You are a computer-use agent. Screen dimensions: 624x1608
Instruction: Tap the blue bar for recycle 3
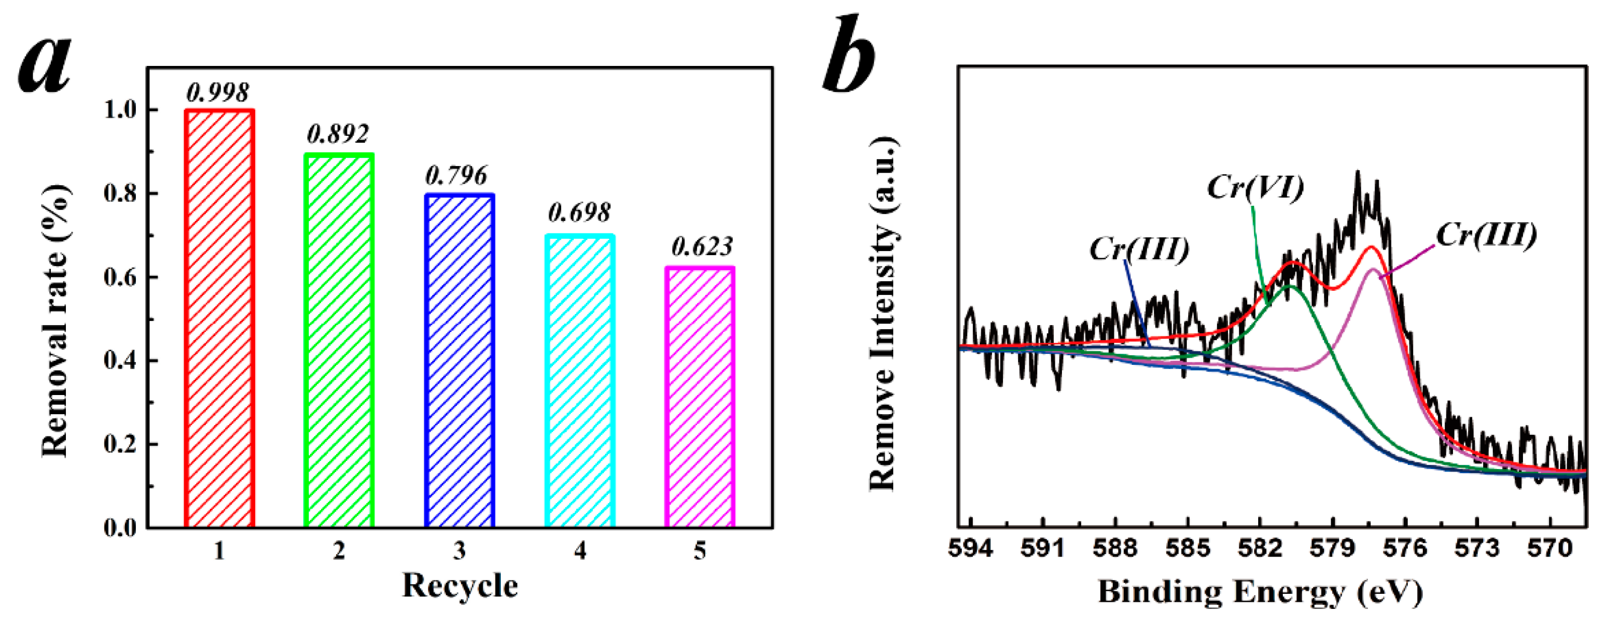click(x=460, y=361)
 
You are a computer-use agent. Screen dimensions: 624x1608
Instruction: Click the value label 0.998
click(x=218, y=93)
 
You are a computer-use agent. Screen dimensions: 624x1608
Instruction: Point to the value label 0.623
click(x=702, y=247)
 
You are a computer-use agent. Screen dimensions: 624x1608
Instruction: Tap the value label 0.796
click(x=456, y=176)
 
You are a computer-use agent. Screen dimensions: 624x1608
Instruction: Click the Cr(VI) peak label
click(x=1255, y=187)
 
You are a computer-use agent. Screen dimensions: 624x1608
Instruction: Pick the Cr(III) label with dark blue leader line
click(x=1140, y=250)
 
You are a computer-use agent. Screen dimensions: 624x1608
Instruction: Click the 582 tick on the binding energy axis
click(x=1260, y=549)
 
